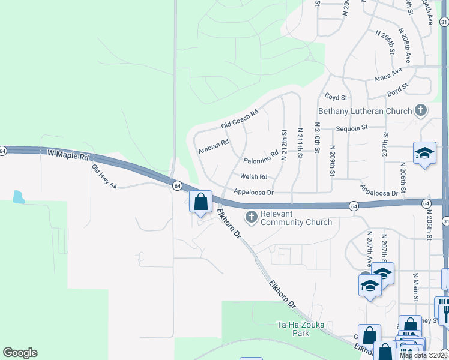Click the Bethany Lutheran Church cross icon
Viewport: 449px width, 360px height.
(x=421, y=110)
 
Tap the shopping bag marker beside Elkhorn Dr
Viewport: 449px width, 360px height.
(x=200, y=202)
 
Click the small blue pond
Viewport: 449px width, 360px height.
(x=19, y=196)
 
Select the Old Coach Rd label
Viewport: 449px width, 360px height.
(x=239, y=119)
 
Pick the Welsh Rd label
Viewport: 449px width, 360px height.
(x=253, y=177)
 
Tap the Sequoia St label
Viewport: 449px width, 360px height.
(x=351, y=128)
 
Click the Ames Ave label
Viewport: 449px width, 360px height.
(x=387, y=75)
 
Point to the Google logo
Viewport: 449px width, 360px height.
(x=20, y=353)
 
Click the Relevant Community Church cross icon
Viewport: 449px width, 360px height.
(x=250, y=217)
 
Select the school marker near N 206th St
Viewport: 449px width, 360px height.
(x=424, y=153)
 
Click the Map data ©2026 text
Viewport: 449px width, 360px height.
(x=423, y=355)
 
